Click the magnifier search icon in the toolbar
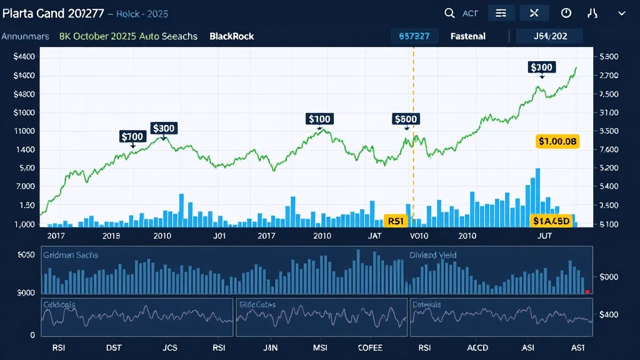pyautogui.click(x=449, y=13)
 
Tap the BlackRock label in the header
pyautogui.click(x=232, y=36)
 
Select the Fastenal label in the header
pyautogui.click(x=467, y=36)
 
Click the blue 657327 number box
pyautogui.click(x=414, y=36)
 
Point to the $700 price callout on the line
pyautogui.click(x=132, y=136)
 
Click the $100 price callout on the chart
pyautogui.click(x=319, y=119)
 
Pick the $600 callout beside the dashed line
pyautogui.click(x=406, y=119)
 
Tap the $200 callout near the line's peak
pyautogui.click(x=541, y=67)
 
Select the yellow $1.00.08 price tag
pyautogui.click(x=557, y=141)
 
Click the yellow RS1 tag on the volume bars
pyautogui.click(x=396, y=221)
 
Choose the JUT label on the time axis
pyautogui.click(x=545, y=236)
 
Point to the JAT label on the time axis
pyautogui.click(x=374, y=236)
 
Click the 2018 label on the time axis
pyautogui.click(x=111, y=236)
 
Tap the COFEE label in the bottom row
pyautogui.click(x=369, y=348)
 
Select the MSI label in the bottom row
pyautogui.click(x=321, y=348)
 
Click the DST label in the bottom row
pyautogui.click(x=114, y=348)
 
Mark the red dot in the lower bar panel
pyautogui.click(x=587, y=292)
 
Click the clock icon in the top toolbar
pyautogui.click(x=566, y=13)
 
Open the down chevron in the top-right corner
pyautogui.click(x=621, y=13)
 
